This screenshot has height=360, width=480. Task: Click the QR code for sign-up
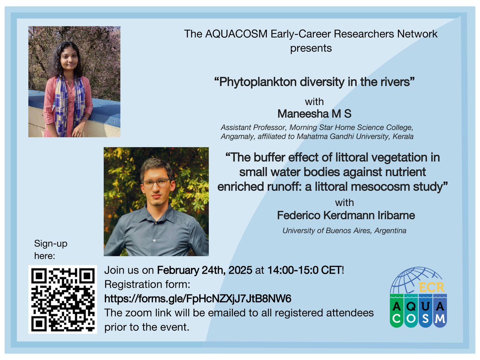click(x=63, y=299)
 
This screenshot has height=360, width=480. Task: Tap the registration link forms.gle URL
click(x=198, y=298)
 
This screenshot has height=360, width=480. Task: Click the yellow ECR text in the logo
click(x=432, y=287)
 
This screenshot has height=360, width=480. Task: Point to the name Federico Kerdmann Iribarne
click(x=346, y=215)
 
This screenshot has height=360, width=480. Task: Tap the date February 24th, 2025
click(x=204, y=270)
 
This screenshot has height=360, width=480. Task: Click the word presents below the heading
click(x=311, y=48)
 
